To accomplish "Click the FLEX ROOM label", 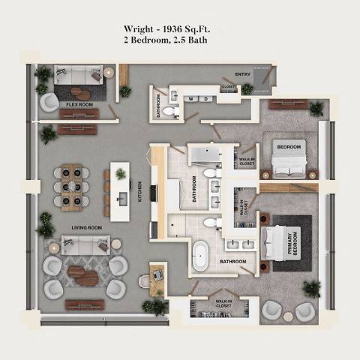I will [x=79, y=105].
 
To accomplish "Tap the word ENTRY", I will [x=243, y=75].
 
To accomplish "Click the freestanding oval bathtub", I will [x=200, y=256].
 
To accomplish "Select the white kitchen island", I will [x=120, y=190].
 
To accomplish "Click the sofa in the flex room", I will [x=79, y=76].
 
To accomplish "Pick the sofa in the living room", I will [x=85, y=244].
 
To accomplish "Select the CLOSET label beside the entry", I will [x=227, y=88].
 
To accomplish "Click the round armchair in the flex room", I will [x=49, y=102].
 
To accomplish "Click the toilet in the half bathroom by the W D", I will [x=171, y=112].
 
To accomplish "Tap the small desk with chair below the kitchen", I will [x=157, y=274].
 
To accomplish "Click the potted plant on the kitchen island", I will [x=120, y=174].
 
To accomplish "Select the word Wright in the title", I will [x=140, y=30].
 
